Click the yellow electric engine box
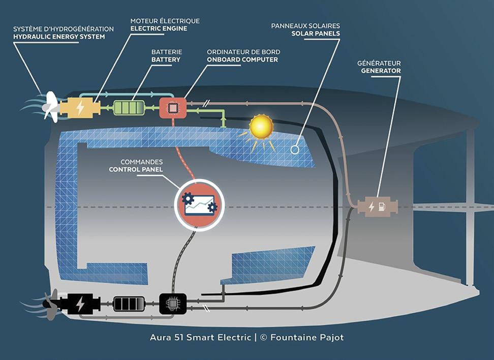(79, 108)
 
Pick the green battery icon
(129, 108)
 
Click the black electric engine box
(79, 304)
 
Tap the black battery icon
(129, 304)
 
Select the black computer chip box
(172, 304)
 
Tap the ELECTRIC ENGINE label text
(159, 28)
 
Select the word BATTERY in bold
(166, 59)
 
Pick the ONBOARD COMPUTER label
(242, 59)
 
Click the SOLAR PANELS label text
(316, 34)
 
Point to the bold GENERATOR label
(381, 71)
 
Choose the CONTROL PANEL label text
(136, 170)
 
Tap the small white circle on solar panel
(294, 150)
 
